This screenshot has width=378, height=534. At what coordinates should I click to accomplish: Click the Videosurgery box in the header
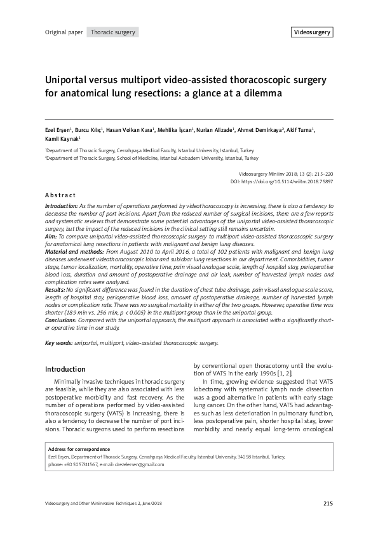tap(313, 32)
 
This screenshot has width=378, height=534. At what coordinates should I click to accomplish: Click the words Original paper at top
tap(64, 32)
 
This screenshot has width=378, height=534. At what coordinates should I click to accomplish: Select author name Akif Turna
tap(299, 129)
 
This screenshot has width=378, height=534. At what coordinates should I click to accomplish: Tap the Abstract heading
tap(60, 195)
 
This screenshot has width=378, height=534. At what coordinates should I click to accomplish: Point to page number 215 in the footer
tap(327, 504)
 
